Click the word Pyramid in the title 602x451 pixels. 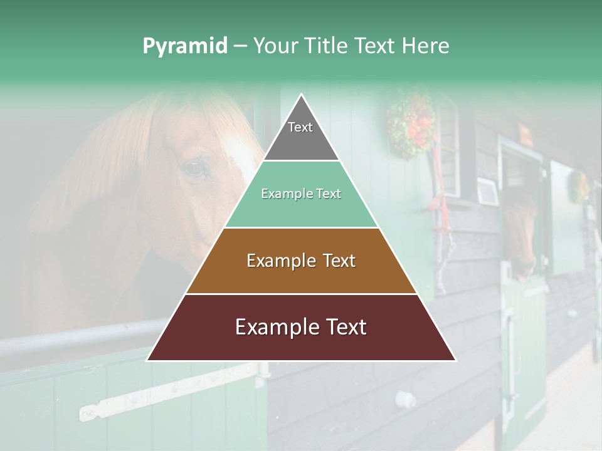click(184, 46)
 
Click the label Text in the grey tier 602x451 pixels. click(300, 127)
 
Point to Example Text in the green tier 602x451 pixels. click(301, 194)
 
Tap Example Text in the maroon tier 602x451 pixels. click(301, 327)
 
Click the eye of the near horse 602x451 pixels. click(195, 168)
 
